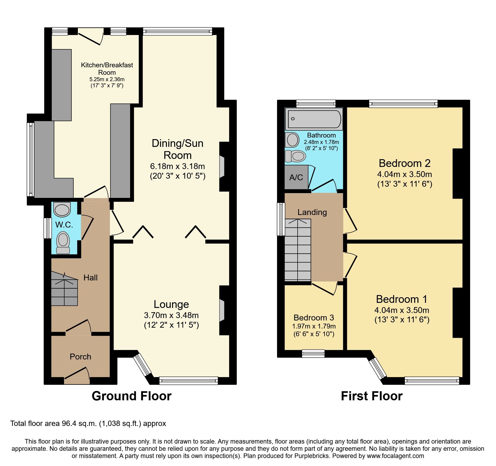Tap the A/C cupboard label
[x=296, y=177]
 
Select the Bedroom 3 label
[x=314, y=318]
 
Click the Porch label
[x=80, y=357]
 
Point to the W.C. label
[x=64, y=225]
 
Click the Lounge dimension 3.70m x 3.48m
[x=171, y=315]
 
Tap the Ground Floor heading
[x=131, y=396]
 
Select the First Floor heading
[x=371, y=396]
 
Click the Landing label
[x=312, y=212]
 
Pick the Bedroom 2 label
[x=405, y=163]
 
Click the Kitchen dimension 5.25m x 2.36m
[x=107, y=79]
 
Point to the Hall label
[x=90, y=277]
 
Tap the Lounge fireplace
[x=222, y=310]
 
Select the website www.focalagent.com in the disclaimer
[x=395, y=456]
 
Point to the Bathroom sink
[x=292, y=140]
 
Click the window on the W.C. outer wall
[x=48, y=228]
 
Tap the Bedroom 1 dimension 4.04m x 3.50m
[x=402, y=310]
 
